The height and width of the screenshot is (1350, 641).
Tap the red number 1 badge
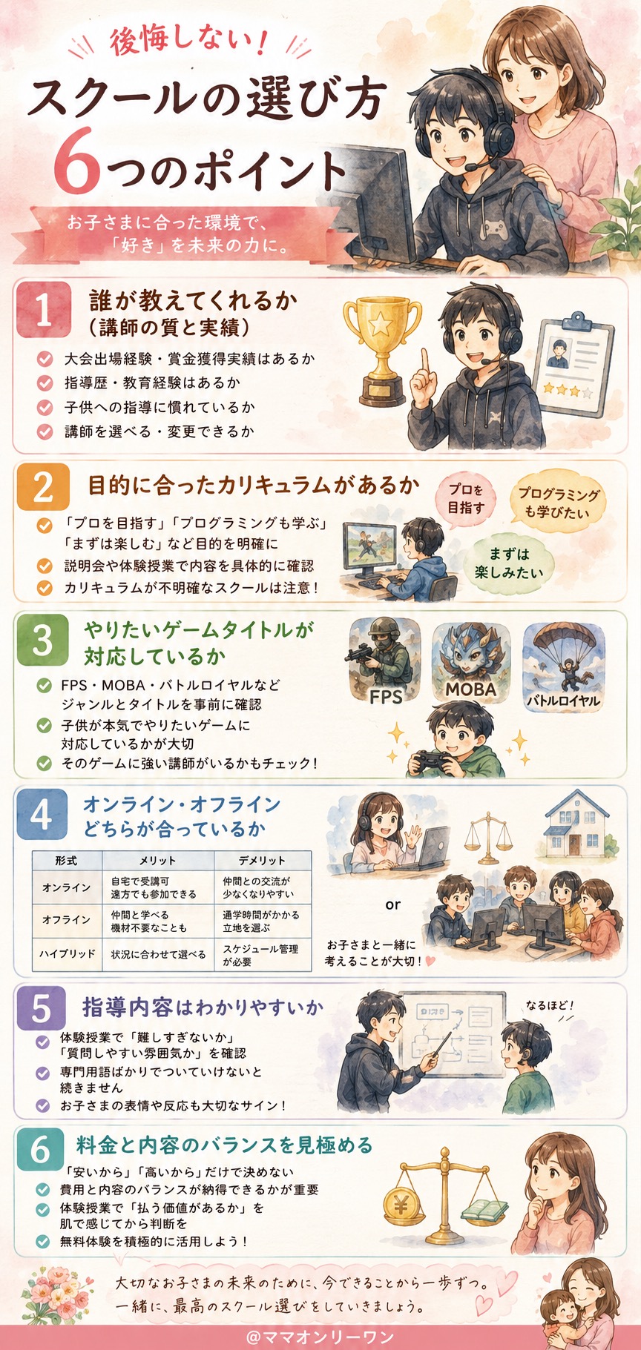pos(44,309)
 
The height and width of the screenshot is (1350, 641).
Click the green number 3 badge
pos(43,640)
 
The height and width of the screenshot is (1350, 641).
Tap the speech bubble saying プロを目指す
pos(465,499)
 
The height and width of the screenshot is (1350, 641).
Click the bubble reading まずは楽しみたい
pos(509,563)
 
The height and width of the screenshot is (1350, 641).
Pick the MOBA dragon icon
pos(471,660)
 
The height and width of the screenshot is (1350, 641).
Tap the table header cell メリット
pos(158,861)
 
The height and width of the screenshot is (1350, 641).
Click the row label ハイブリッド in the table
pos(67,954)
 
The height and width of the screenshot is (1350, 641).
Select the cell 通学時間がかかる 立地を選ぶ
pos(261,921)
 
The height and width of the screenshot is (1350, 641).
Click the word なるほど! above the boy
pos(550,1006)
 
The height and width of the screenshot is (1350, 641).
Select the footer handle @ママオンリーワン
pos(320,1337)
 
